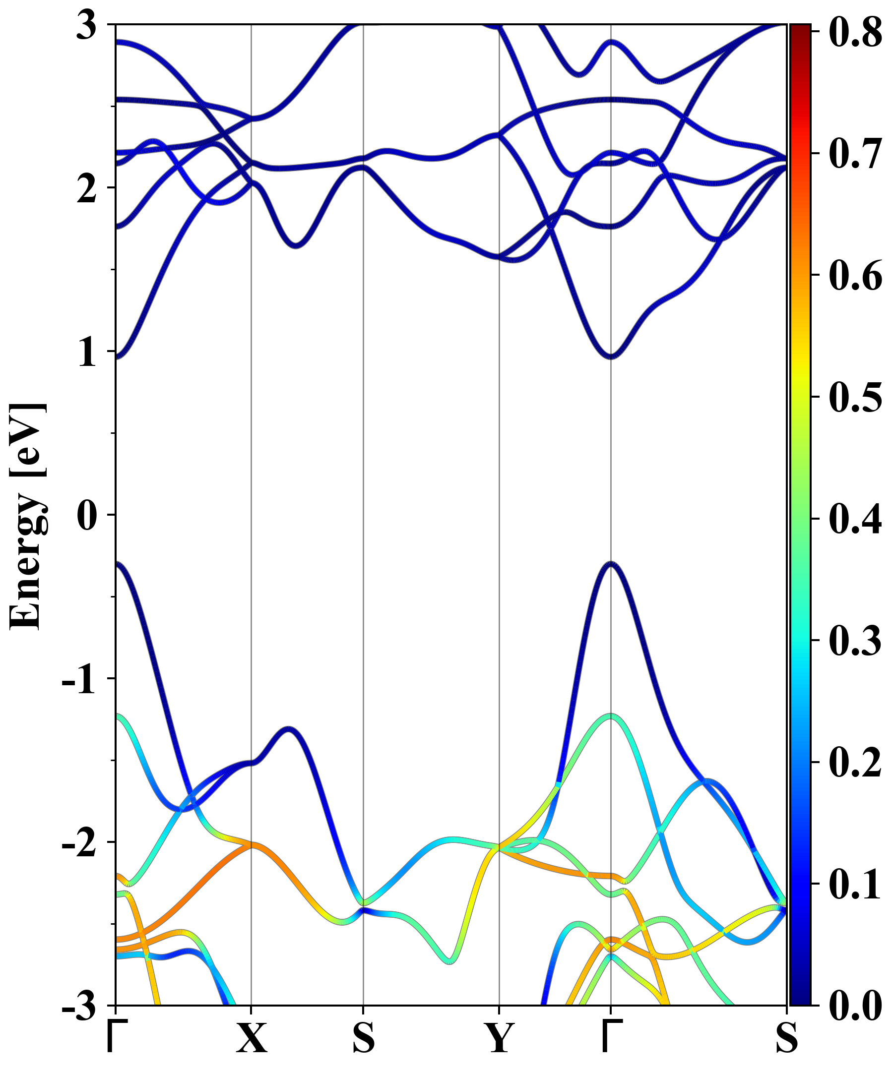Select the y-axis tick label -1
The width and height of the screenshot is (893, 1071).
pyautogui.click(x=78, y=680)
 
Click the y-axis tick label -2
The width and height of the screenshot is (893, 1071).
pyautogui.click(x=78, y=843)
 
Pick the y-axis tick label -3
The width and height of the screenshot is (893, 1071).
pyautogui.click(x=78, y=1007)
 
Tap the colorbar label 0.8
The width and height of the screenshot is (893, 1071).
pyautogui.click(x=855, y=32)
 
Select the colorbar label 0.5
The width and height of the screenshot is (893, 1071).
pyautogui.click(x=855, y=397)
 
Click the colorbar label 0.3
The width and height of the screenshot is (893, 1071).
pyautogui.click(x=855, y=641)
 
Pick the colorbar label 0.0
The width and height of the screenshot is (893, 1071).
pyautogui.click(x=855, y=1006)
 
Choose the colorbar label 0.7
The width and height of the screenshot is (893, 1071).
pyautogui.click(x=855, y=154)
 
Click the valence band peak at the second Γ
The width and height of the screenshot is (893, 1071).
pyautogui.click(x=611, y=564)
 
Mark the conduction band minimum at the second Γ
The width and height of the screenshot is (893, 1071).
pyautogui.click(x=611, y=357)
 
